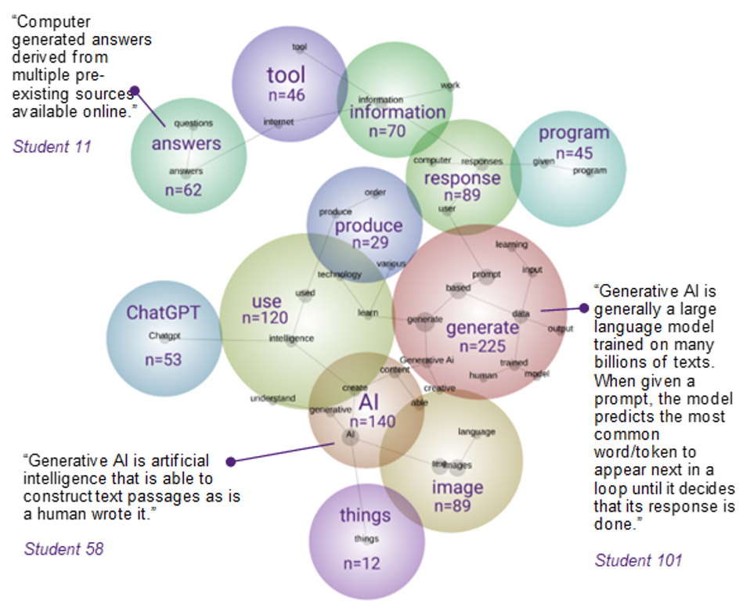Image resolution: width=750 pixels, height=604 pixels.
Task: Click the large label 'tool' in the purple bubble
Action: [x=286, y=75]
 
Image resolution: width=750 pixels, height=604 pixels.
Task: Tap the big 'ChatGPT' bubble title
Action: [x=163, y=313]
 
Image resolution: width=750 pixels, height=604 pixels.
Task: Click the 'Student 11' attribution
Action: [x=52, y=146]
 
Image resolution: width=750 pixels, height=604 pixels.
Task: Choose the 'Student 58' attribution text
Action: [x=63, y=548]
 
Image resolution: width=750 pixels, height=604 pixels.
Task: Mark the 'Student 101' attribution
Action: [x=638, y=559]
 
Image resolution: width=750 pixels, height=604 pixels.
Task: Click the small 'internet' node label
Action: [x=278, y=122]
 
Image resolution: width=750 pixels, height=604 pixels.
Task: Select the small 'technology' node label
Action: [x=340, y=275]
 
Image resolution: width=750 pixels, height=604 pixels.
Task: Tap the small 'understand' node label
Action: [x=272, y=398]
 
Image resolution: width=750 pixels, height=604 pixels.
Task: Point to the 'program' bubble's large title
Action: [x=573, y=133]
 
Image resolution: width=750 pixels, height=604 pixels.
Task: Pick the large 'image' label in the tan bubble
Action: [x=458, y=488]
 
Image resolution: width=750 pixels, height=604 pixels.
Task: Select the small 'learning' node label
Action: [x=511, y=244]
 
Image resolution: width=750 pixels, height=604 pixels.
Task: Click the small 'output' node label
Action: [x=560, y=329]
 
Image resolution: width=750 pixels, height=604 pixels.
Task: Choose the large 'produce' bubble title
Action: [x=369, y=226]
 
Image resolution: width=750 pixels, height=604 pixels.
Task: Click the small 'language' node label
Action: [x=477, y=432]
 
